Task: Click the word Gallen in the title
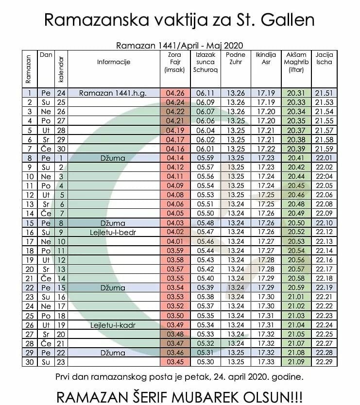pyautogui.click(x=288, y=19)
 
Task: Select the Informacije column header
pyautogui.click(x=114, y=62)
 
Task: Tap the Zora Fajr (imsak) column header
pyautogui.click(x=175, y=62)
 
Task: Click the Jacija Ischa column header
pyautogui.click(x=324, y=58)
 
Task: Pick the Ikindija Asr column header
pyautogui.click(x=266, y=58)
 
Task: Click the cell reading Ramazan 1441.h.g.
pyautogui.click(x=113, y=93)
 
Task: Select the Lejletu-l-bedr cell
pyautogui.click(x=113, y=232)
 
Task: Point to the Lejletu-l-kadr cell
pyautogui.click(x=113, y=325)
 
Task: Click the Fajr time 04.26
pyautogui.click(x=175, y=93)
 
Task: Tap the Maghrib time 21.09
pyautogui.click(x=296, y=362)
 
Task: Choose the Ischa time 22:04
pyautogui.click(x=324, y=176)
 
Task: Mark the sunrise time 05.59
pyautogui.click(x=206, y=158)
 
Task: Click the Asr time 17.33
pyautogui.click(x=266, y=362)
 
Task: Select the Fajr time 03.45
pyautogui.click(x=175, y=362)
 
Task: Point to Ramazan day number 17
pyautogui.click(x=30, y=241)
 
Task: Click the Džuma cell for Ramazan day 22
pyautogui.click(x=113, y=288)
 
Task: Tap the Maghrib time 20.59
pyautogui.click(x=296, y=287)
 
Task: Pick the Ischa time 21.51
pyautogui.click(x=324, y=93)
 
